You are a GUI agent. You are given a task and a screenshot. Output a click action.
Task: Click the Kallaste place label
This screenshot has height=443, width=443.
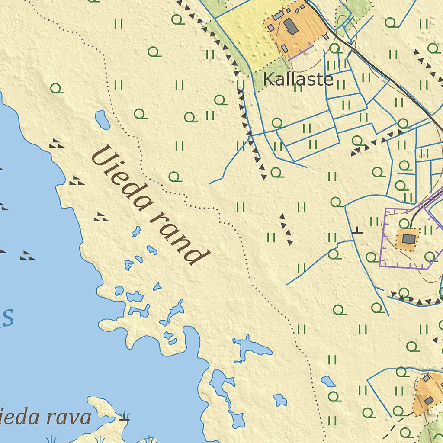click(298, 79)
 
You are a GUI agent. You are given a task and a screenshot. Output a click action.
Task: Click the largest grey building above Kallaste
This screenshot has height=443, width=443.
click(291, 27)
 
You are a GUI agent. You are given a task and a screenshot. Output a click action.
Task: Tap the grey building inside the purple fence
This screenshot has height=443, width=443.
click(408, 239)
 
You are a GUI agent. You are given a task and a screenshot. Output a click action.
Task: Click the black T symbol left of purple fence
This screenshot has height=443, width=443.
click(357, 231)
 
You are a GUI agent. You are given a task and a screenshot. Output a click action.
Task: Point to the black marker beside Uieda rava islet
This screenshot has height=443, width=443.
click(124, 417)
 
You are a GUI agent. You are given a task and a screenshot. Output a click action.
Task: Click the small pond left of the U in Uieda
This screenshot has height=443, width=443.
click(103, 120)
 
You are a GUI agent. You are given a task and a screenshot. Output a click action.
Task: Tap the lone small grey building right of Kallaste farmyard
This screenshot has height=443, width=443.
click(326, 37)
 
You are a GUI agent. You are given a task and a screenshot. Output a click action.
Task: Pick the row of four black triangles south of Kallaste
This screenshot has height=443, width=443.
click(286, 229)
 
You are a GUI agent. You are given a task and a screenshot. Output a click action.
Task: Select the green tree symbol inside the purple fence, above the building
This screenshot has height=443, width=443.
click(404, 223)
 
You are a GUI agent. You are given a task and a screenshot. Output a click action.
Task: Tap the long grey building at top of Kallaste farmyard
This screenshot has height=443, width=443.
click(278, 16)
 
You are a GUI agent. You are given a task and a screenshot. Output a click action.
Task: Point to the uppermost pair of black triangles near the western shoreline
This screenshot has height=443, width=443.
click(56, 144)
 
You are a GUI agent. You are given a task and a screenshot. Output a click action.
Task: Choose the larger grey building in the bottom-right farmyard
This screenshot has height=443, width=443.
click(429, 401)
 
